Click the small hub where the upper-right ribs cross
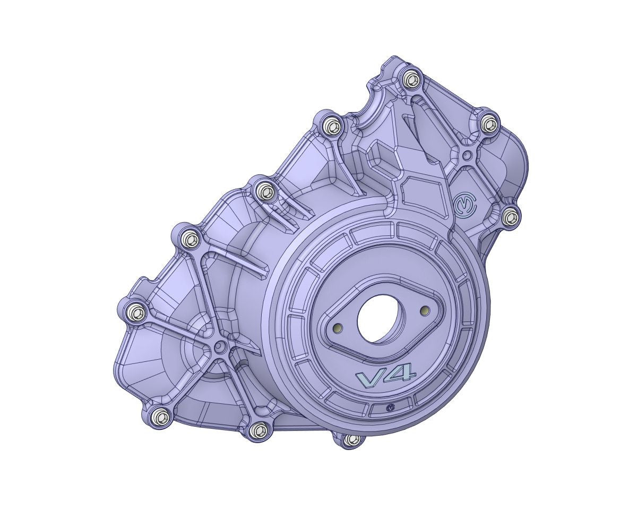point(467,155)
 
